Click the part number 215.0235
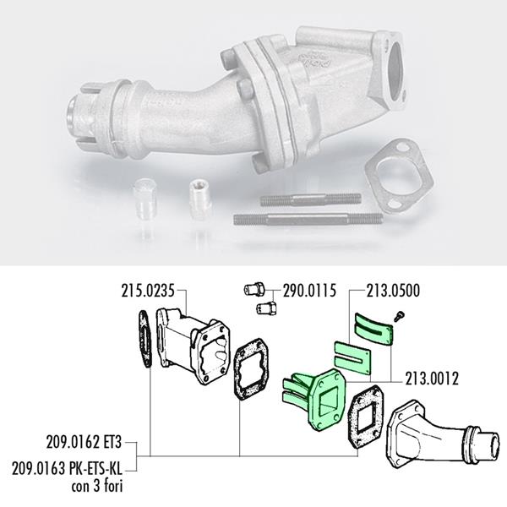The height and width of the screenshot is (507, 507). (x=148, y=291)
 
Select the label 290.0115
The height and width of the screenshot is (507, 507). (x=309, y=291)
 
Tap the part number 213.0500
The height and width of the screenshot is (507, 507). (x=393, y=291)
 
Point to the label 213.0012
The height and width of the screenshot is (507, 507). (x=432, y=379)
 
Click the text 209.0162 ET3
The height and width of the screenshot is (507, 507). (x=84, y=442)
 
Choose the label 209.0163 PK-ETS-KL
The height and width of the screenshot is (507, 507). (x=68, y=468)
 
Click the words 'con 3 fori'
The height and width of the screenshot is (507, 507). (x=97, y=486)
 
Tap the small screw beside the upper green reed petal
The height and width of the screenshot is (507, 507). (x=400, y=316)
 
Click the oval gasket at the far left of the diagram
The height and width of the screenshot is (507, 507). (x=145, y=339)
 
